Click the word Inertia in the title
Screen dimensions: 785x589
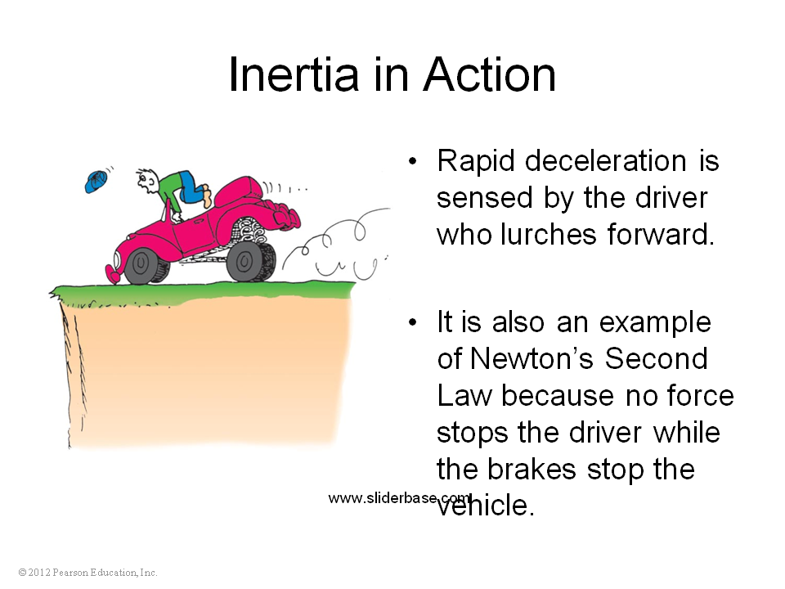click(x=294, y=74)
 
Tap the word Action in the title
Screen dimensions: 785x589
click(x=490, y=74)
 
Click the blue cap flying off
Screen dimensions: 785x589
click(x=96, y=182)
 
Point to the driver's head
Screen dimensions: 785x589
click(x=148, y=180)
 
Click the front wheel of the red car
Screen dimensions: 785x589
click(x=141, y=264)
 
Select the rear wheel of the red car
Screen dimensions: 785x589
click(x=244, y=262)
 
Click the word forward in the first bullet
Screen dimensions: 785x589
click(x=661, y=234)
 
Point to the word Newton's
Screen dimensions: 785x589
click(x=532, y=358)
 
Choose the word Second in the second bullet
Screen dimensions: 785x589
click(x=657, y=358)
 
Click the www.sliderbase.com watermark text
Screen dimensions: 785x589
click(x=400, y=498)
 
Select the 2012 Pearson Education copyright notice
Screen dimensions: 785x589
click(x=87, y=573)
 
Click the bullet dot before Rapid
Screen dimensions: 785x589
click(x=412, y=162)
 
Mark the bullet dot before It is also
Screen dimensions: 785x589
click(x=412, y=322)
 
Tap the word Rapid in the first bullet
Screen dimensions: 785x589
click(x=476, y=162)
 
